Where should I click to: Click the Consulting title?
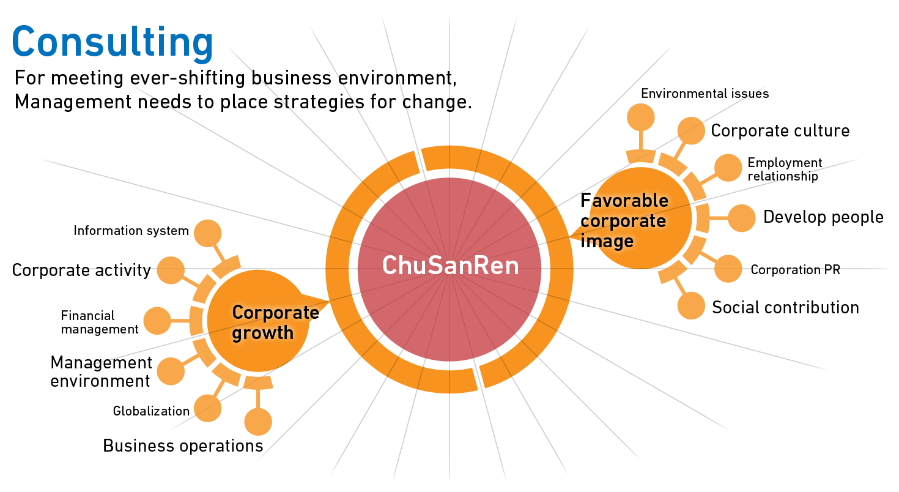click(113, 43)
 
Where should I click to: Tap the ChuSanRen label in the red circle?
click(450, 266)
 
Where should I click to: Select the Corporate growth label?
click(275, 322)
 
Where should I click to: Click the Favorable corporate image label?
click(624, 220)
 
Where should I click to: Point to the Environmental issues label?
click(705, 94)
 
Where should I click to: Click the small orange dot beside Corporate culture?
click(691, 130)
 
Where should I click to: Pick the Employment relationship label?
click(785, 170)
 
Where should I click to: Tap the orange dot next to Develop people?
click(742, 218)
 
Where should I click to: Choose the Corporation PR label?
click(795, 270)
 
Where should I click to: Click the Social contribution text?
click(785, 307)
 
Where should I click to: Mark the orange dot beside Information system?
click(207, 233)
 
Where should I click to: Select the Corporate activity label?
click(81, 270)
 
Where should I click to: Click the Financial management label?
click(100, 322)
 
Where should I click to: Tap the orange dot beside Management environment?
click(171, 370)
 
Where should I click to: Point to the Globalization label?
click(151, 411)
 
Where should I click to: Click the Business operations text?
click(183, 445)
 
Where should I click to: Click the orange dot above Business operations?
click(258, 422)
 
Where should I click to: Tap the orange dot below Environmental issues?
click(640, 117)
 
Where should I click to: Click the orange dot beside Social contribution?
click(691, 305)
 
